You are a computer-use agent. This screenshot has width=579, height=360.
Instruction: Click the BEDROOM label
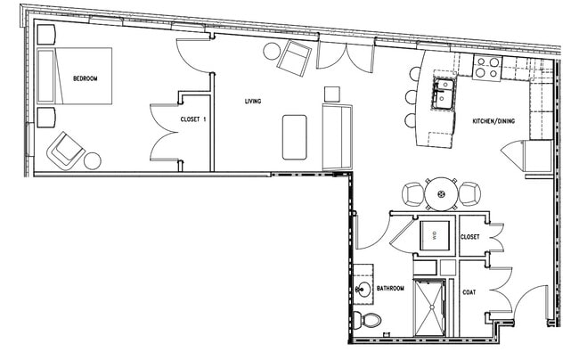(x=86, y=79)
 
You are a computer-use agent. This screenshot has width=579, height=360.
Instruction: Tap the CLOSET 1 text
(x=193, y=119)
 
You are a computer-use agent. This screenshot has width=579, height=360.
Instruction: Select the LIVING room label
(x=253, y=102)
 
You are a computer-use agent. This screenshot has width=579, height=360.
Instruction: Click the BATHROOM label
(x=391, y=289)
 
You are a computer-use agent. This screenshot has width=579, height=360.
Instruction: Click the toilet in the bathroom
(x=366, y=319)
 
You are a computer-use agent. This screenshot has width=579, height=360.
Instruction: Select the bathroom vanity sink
(x=363, y=289)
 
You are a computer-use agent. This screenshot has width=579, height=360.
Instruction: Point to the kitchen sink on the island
(x=443, y=91)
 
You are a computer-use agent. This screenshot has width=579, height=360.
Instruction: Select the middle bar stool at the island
(x=411, y=98)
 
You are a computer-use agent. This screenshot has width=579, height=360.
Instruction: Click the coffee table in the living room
(x=295, y=136)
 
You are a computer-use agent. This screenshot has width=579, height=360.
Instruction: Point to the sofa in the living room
(x=338, y=135)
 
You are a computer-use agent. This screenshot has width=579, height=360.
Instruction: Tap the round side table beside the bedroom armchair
(x=93, y=161)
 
